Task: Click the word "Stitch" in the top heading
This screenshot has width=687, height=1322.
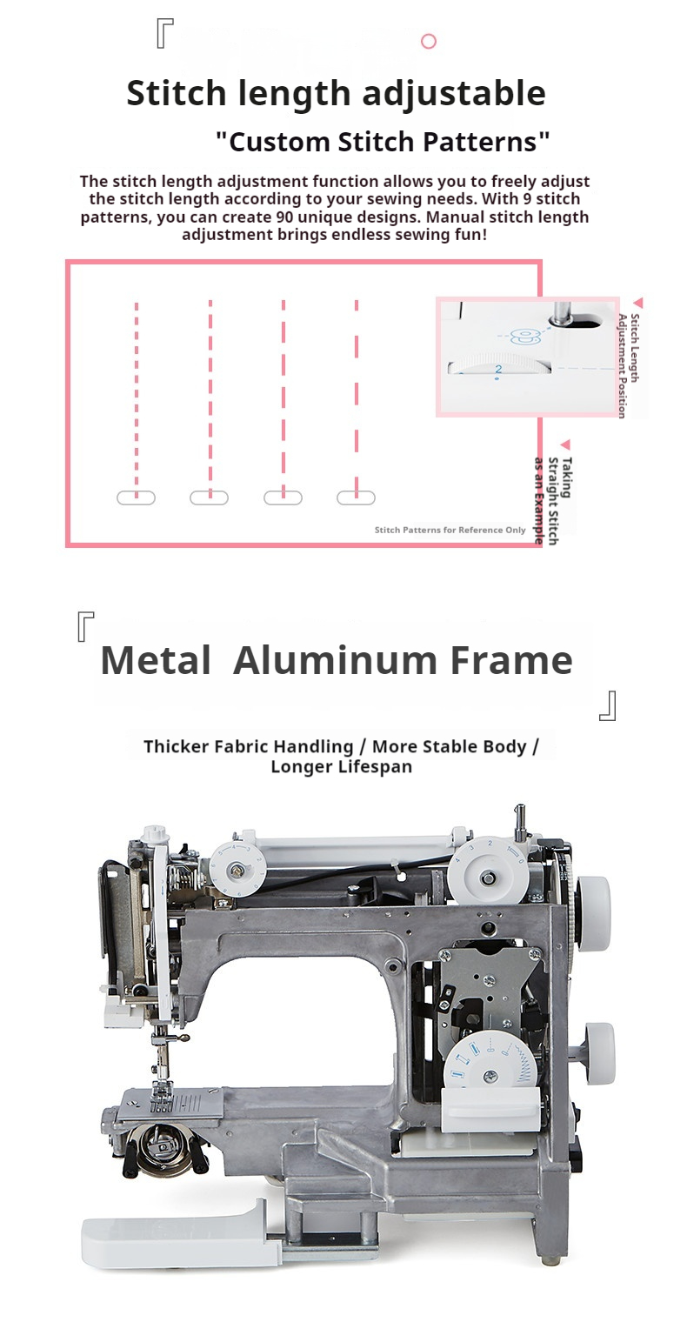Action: coord(177,93)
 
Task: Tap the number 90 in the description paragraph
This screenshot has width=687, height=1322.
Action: coord(285,217)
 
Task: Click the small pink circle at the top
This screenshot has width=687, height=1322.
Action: coord(429,41)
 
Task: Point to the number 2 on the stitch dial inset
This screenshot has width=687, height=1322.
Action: coord(498,369)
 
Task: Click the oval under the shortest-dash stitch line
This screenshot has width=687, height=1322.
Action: coord(136,497)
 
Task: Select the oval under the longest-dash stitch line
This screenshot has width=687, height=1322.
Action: coord(356,497)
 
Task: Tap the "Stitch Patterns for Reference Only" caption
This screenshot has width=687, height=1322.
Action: coord(450,530)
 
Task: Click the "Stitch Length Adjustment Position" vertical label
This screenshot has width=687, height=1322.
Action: coord(628,366)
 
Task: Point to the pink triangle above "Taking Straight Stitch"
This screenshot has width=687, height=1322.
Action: coord(566,444)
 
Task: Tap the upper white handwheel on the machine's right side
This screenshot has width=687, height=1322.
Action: coord(592,908)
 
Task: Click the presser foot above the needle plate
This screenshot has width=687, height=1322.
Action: coord(161,1095)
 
